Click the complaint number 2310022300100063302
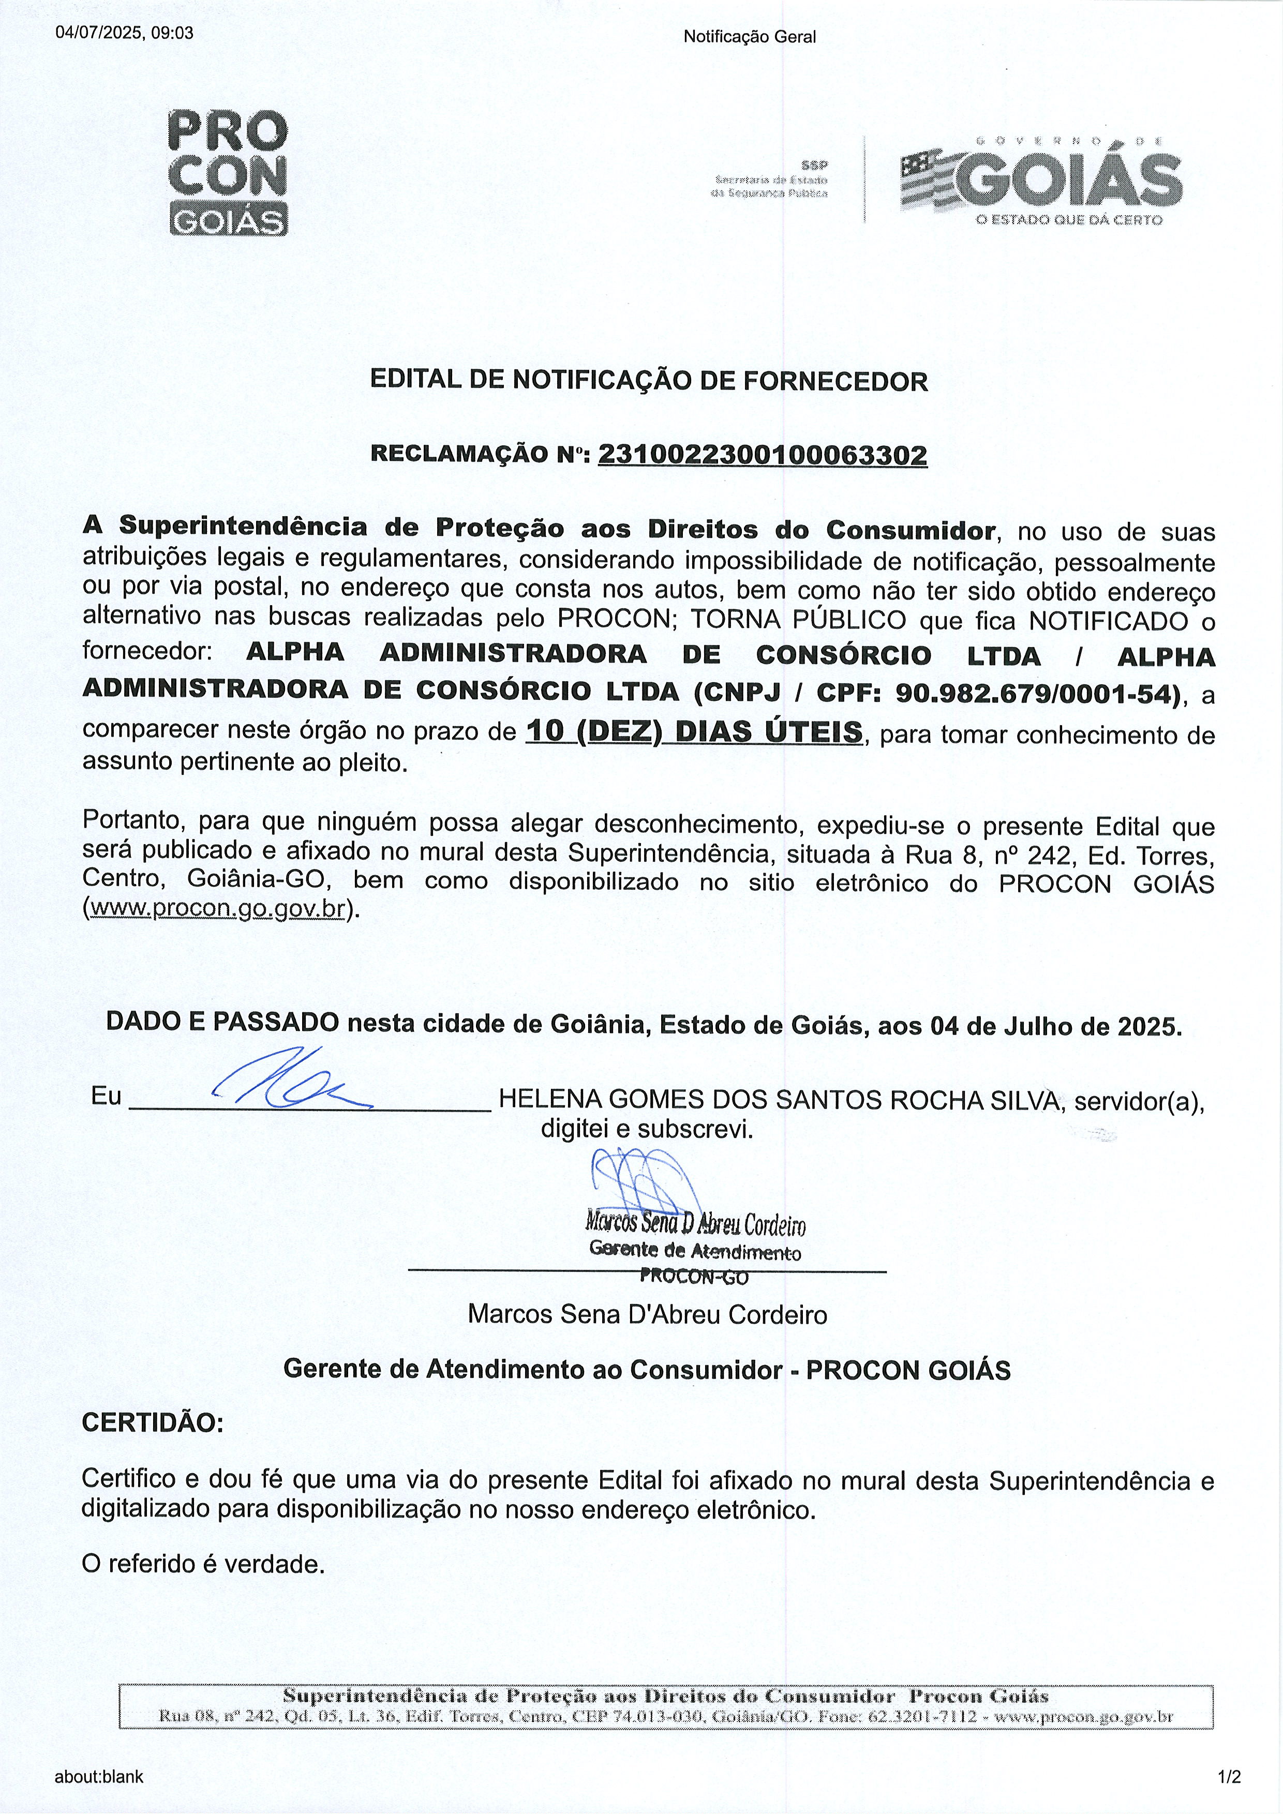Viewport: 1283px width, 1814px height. [x=763, y=455]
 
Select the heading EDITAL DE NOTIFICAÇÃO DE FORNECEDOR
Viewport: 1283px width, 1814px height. [x=649, y=382]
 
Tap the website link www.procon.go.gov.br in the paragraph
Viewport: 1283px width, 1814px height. [x=218, y=909]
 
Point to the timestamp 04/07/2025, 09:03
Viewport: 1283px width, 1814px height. [x=124, y=33]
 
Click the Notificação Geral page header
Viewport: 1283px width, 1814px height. [x=749, y=36]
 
